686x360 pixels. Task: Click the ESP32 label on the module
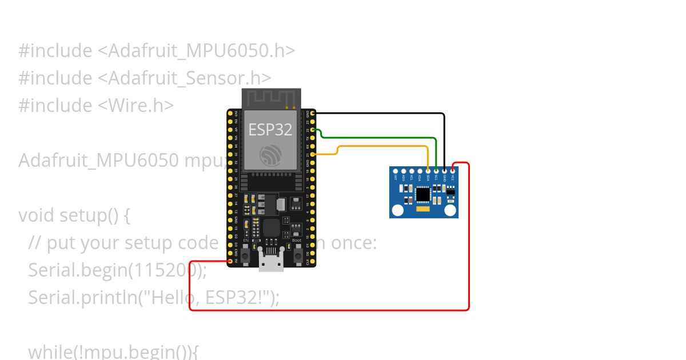[270, 130]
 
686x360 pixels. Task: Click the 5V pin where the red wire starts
[230, 261]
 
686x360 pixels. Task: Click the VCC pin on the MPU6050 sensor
[453, 170]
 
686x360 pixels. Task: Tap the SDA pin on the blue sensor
[428, 170]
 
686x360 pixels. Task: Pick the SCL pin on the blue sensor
[436, 170]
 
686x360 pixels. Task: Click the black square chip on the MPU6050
[423, 195]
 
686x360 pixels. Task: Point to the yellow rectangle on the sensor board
[424, 211]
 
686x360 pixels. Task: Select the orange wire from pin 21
[383, 147]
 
